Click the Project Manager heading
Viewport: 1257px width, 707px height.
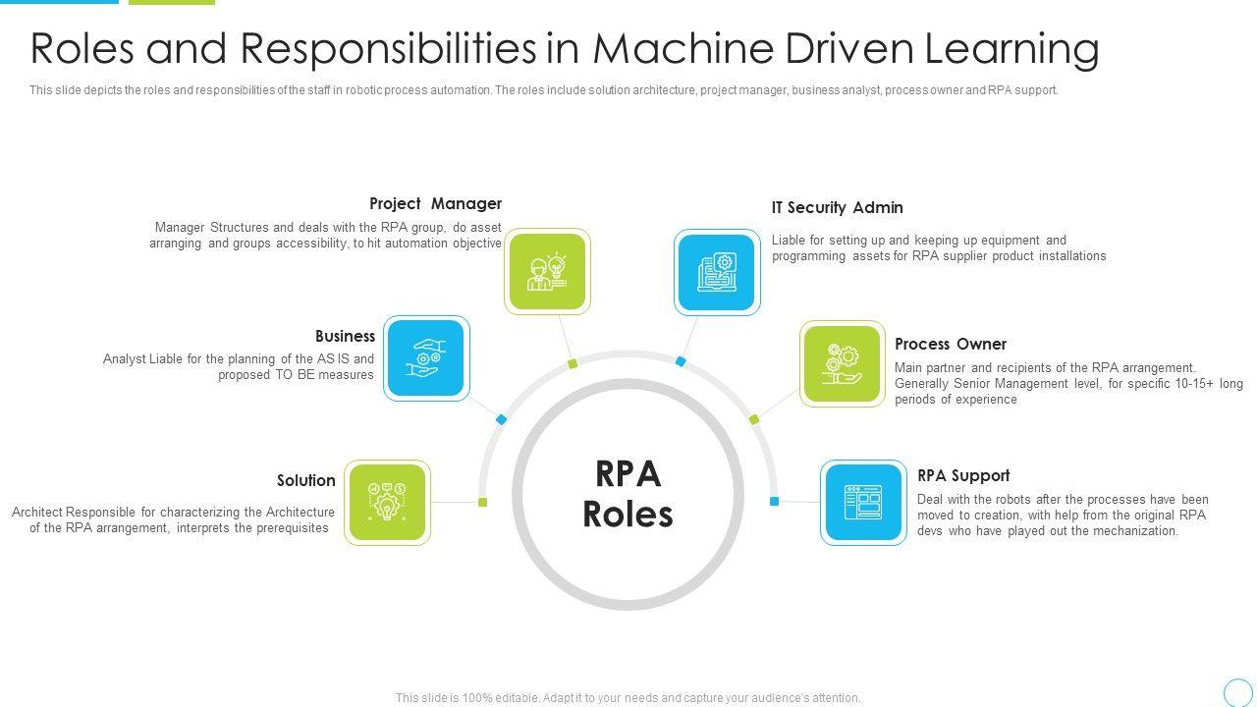(435, 204)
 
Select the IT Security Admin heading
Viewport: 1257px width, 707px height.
(837, 208)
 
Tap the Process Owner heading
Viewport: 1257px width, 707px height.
(950, 345)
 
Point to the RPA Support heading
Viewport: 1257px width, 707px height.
(962, 476)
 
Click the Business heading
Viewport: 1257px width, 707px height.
(345, 337)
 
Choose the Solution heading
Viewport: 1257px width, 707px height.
(305, 481)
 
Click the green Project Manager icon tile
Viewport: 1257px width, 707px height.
(547, 272)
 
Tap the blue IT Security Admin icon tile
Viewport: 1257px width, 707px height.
(717, 272)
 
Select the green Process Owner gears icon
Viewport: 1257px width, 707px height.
(842, 364)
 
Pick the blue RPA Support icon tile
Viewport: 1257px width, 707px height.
(863, 503)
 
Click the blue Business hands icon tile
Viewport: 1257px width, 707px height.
(426, 358)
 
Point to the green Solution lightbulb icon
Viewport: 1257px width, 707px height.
(388, 503)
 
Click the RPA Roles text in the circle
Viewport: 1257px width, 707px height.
(628, 494)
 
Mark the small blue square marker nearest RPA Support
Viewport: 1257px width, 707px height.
(774, 502)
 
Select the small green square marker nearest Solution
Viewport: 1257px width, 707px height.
(482, 503)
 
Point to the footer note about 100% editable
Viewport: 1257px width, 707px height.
(628, 698)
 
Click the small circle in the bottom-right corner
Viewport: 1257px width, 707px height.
(1238, 692)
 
